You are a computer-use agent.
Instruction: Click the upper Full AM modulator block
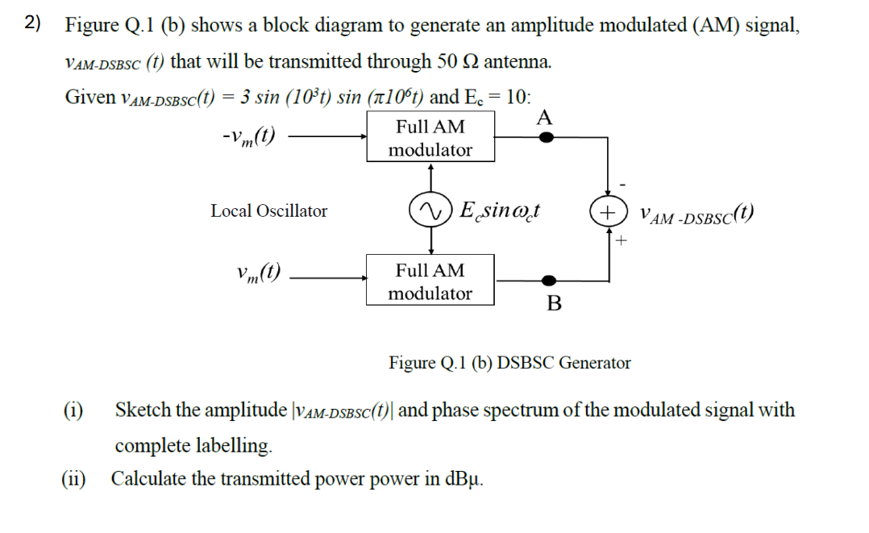click(x=430, y=138)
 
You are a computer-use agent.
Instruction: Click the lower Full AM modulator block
click(x=430, y=281)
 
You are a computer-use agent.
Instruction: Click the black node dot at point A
click(x=547, y=137)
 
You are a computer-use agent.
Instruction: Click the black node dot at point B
click(x=548, y=281)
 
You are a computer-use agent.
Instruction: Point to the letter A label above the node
click(x=545, y=118)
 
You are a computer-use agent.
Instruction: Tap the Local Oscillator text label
click(x=269, y=211)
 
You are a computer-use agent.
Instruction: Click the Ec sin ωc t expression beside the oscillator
click(x=500, y=211)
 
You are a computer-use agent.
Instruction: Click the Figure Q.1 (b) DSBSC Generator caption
click(x=509, y=363)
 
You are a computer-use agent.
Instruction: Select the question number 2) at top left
click(x=32, y=23)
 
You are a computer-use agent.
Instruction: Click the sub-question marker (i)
click(x=74, y=410)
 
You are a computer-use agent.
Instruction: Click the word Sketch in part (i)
click(x=143, y=410)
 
